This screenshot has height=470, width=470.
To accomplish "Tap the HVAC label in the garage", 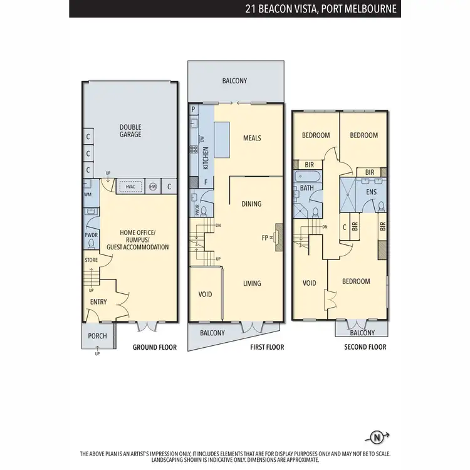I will [130, 186].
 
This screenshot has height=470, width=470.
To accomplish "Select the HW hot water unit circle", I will [153, 186].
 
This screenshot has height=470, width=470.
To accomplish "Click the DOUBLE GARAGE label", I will [130, 130].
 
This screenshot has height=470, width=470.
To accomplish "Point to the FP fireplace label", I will [265, 238].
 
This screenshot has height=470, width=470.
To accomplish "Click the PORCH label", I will [97, 336].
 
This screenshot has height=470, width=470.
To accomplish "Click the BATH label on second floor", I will [306, 187].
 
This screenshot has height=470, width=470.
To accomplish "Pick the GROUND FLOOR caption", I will [155, 347].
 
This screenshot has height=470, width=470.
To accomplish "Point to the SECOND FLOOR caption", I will [365, 347].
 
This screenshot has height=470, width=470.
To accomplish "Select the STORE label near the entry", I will [91, 259].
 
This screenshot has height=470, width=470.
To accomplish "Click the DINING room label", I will [251, 204].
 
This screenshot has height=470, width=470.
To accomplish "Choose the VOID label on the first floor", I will [205, 294].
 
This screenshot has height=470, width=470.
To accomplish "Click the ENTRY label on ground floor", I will [98, 302].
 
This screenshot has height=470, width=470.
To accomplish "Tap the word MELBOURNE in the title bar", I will [369, 9].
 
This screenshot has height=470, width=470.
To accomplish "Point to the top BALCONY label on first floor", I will [235, 81].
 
